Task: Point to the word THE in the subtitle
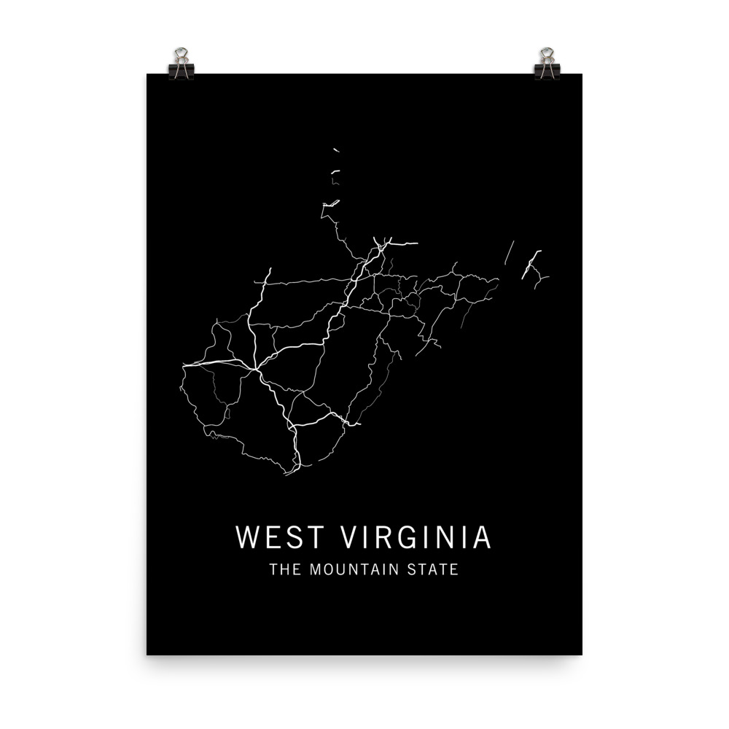coord(285,569)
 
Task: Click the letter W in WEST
coord(246,537)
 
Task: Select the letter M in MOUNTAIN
coord(315,569)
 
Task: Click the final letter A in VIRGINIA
coord(481,537)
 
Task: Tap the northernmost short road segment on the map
coord(336,150)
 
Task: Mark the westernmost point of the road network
coord(182,364)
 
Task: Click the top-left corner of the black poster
coord(147,74)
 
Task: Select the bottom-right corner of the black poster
coord(582,654)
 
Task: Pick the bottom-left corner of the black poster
coord(147,654)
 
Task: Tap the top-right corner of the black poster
coord(582,74)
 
